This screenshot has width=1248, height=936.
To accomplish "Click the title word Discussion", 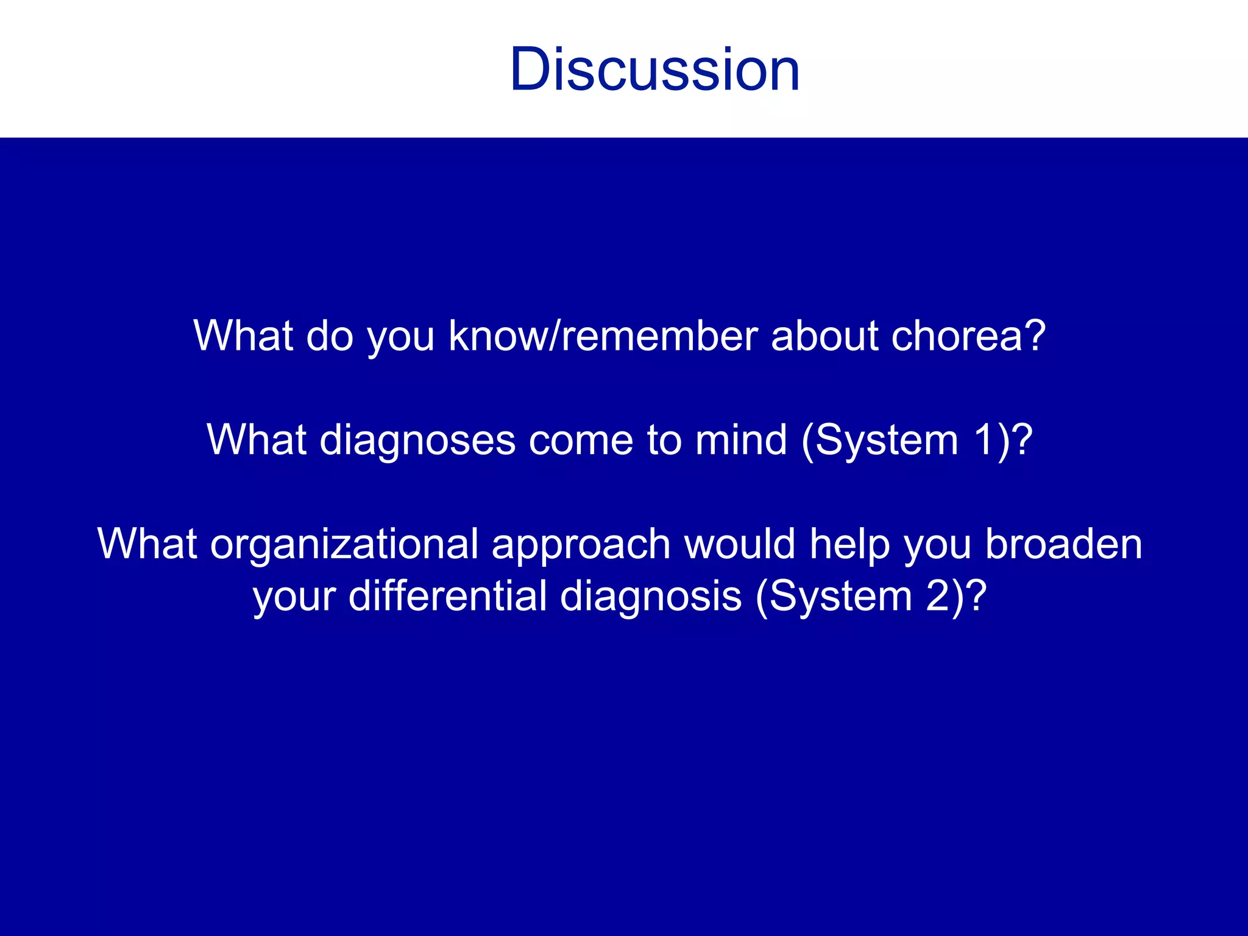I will (x=654, y=70).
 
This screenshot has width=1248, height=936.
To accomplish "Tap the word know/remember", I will (x=603, y=336).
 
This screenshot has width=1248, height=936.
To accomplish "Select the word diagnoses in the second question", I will (x=417, y=440).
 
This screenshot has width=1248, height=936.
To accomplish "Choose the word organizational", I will (x=344, y=544).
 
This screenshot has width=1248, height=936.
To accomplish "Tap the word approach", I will (x=581, y=544).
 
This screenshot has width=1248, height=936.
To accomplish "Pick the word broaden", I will (x=1063, y=544).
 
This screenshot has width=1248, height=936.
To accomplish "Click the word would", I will (x=740, y=544).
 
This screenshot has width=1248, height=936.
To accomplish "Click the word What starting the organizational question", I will (x=147, y=544).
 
